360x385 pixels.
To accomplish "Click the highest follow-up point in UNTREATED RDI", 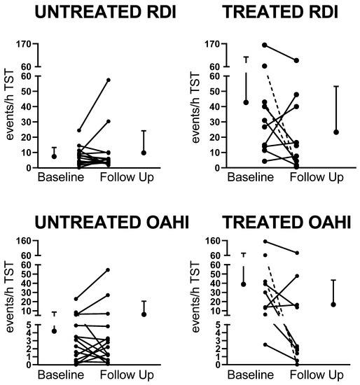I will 108,80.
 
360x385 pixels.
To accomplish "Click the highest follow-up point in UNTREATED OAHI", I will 108,269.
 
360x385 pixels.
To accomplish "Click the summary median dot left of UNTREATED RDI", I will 54,156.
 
